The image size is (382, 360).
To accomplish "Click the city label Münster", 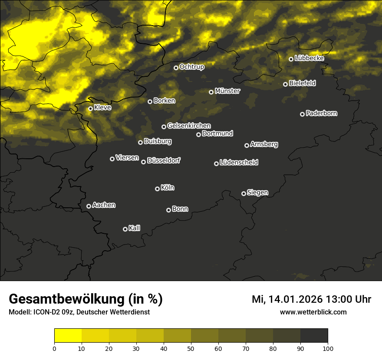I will coord(227,91).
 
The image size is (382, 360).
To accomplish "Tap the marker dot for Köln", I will coord(157,189).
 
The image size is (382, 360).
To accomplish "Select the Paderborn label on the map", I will coord(321,113).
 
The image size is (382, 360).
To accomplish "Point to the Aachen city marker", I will coord(89,206).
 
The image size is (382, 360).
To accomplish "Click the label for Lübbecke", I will coord(309,58).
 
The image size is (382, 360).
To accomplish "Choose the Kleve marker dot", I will coord(90,108).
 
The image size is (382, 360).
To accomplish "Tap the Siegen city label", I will coord(257,193).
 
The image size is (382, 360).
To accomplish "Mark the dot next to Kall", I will coord(125,229).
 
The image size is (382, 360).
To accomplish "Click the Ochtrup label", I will coord(191,67).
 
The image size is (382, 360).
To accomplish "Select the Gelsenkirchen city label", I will coord(189,126).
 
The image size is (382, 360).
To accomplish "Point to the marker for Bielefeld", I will coord(285,84).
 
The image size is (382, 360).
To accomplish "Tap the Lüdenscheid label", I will coord(239,163).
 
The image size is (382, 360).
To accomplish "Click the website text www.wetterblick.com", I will coord(313,312).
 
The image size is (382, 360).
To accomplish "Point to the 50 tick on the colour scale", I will coord(191,348).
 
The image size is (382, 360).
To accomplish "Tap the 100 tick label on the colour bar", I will coord(328,348).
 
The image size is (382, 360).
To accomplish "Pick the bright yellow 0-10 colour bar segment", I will coord(68,336).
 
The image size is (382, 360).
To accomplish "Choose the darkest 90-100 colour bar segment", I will coord(314,336).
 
